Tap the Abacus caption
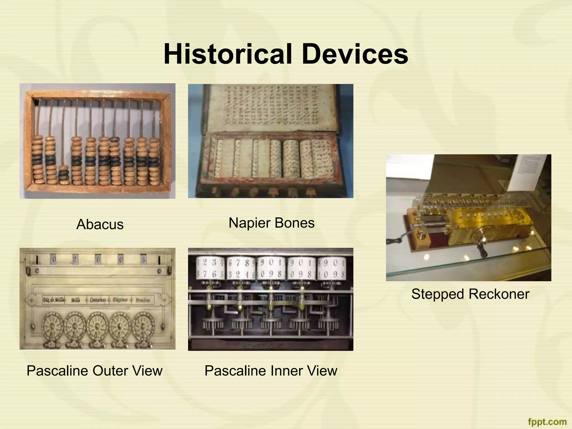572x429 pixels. click(x=100, y=224)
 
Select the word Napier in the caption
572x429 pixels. click(x=249, y=223)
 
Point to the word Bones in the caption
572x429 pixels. click(x=295, y=223)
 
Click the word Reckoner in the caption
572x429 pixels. click(x=499, y=294)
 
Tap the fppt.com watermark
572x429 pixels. click(x=547, y=421)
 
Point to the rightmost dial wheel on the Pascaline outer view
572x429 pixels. click(x=143, y=325)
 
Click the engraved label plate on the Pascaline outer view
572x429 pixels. click(x=97, y=300)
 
